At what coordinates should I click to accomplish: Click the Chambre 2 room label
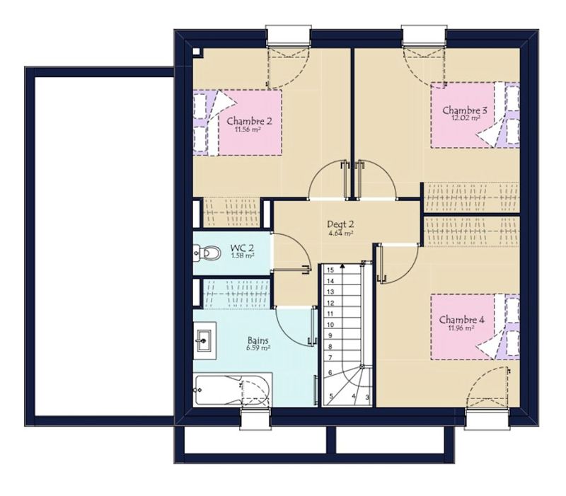[x=249, y=120]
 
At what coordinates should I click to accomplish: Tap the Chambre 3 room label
[x=465, y=110]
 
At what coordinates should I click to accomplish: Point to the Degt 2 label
[x=340, y=224]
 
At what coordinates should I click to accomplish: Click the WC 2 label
[x=242, y=248]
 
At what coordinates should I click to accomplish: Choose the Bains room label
[x=258, y=340]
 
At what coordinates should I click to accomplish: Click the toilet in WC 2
[x=207, y=253]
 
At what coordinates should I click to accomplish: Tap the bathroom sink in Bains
[x=204, y=340]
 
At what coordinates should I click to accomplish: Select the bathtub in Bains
[x=233, y=391]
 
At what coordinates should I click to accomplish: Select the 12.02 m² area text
[x=466, y=117]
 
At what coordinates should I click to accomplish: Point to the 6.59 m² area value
[x=258, y=348]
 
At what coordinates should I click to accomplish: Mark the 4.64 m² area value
[x=340, y=233]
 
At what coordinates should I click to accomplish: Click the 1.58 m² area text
[x=243, y=255]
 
